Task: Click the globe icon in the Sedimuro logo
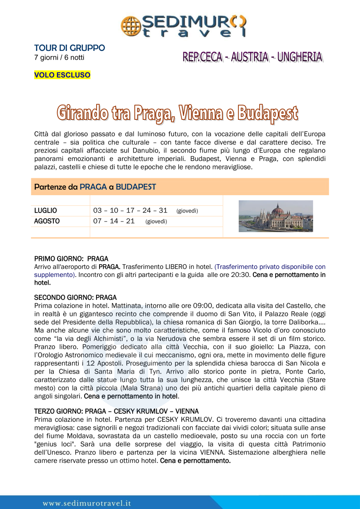pos(130,25)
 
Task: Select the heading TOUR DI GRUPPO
pos(69,48)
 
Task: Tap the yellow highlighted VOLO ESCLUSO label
pos(62,75)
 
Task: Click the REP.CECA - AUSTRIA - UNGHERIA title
pos(252,57)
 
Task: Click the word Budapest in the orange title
pos(267,113)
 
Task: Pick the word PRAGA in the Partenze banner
pos(93,187)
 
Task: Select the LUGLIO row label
pos(46,210)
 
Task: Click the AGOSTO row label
pos(47,221)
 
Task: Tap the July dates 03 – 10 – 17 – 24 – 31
pos(130,210)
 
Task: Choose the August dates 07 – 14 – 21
pos(114,221)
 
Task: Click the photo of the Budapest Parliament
pos(276,216)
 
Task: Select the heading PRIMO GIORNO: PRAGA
pos(71,258)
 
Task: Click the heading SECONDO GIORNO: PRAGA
pos(75,298)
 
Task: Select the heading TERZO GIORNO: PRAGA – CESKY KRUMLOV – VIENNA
pos(116,411)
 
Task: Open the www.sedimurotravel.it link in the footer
pos(87,503)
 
